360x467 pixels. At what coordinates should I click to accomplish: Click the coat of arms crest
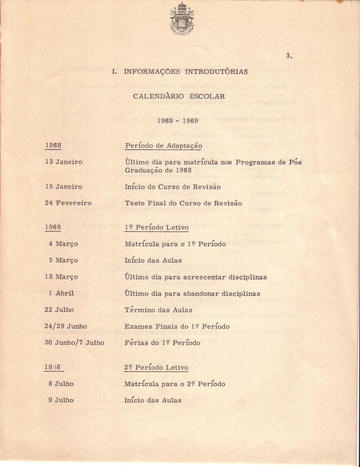(182, 19)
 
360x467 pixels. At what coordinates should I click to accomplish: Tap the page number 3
(289, 56)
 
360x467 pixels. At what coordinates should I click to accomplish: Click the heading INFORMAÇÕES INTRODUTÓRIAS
(180, 71)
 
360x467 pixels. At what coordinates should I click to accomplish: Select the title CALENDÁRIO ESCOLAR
(179, 96)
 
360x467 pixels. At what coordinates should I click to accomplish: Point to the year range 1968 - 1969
(178, 121)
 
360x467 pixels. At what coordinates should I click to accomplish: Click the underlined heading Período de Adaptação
(163, 146)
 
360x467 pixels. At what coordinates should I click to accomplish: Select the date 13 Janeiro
(64, 162)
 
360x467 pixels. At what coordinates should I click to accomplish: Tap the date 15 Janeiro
(64, 186)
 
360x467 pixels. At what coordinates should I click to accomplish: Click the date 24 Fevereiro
(68, 203)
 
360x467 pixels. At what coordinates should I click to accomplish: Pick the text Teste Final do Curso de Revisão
(183, 203)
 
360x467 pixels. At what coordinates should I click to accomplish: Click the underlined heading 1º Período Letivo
(157, 227)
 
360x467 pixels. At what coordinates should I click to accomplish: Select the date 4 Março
(63, 244)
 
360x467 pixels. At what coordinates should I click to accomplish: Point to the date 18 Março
(61, 277)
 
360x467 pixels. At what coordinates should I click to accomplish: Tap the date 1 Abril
(61, 293)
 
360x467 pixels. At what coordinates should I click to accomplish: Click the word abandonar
(201, 294)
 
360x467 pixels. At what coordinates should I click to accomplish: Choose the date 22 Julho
(59, 310)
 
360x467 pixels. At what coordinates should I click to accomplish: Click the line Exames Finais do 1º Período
(177, 326)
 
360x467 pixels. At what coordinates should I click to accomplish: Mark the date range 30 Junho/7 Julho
(74, 343)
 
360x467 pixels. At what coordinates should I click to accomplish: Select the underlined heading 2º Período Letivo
(156, 368)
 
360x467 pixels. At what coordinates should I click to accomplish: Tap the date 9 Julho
(61, 400)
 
